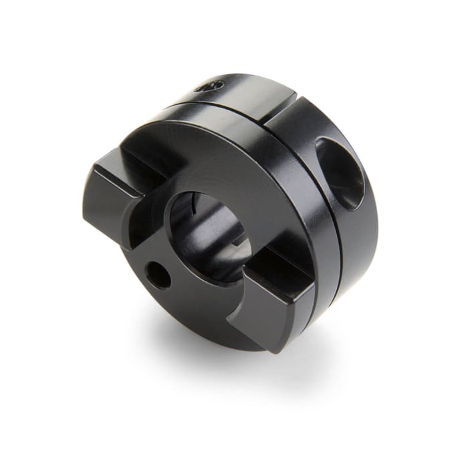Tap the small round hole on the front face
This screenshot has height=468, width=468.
158,273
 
